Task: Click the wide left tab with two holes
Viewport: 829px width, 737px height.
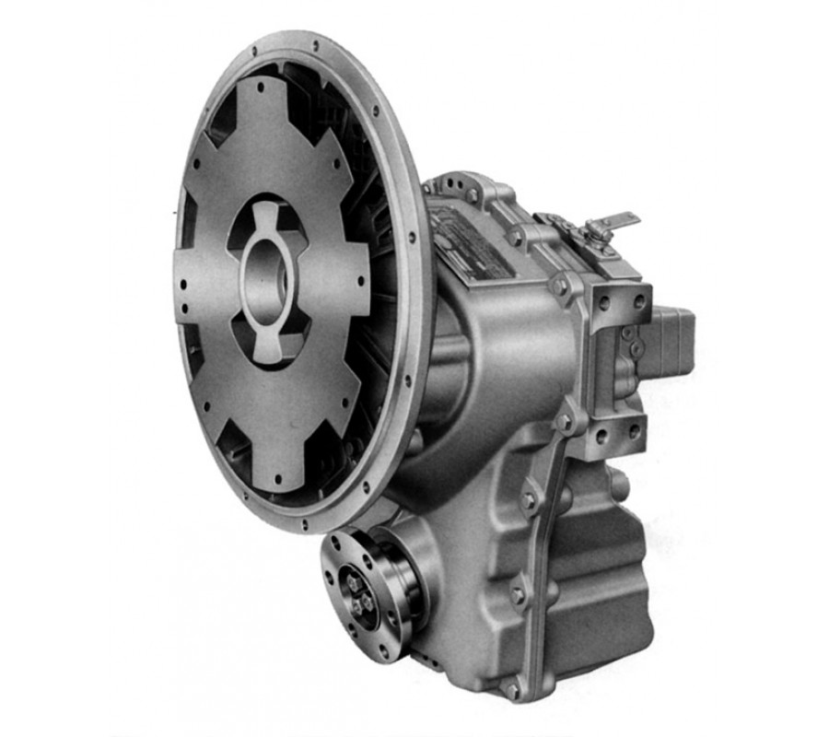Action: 198,286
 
